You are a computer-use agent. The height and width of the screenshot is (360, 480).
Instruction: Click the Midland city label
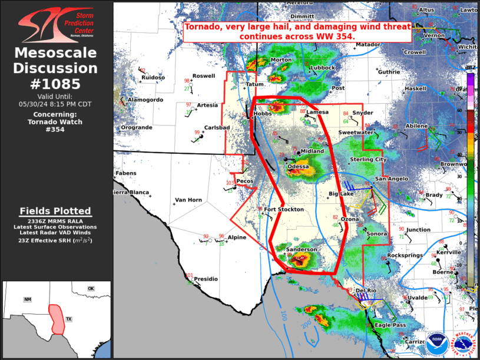click(312, 151)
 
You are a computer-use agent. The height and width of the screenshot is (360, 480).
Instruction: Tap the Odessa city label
click(297, 167)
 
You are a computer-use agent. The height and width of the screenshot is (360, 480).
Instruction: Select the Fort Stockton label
click(284, 209)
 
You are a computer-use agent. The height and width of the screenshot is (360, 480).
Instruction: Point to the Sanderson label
click(302, 250)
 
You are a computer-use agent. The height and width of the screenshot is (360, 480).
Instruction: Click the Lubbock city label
click(323, 68)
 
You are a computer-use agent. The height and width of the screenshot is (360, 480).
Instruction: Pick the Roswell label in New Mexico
click(204, 76)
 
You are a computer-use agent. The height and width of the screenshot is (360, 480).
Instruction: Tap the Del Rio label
click(366, 290)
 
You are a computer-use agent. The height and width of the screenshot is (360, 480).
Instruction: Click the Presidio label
click(206, 279)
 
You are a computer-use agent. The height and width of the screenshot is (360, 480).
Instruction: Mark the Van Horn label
click(188, 200)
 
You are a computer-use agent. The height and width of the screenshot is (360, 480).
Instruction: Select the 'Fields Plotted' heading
click(55, 211)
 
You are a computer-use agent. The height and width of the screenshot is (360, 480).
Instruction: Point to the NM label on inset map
click(27, 299)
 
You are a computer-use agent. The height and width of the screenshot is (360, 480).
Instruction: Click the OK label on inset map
click(91, 288)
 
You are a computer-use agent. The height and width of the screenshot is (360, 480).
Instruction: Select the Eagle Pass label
click(390, 325)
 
